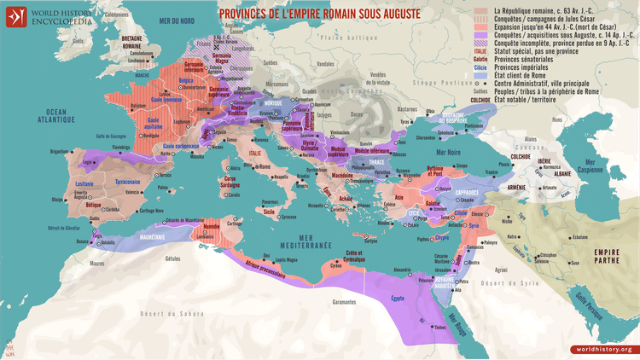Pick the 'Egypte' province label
click(x=396, y=298)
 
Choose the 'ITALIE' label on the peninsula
click(x=254, y=153)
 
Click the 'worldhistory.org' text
click(x=602, y=349)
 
